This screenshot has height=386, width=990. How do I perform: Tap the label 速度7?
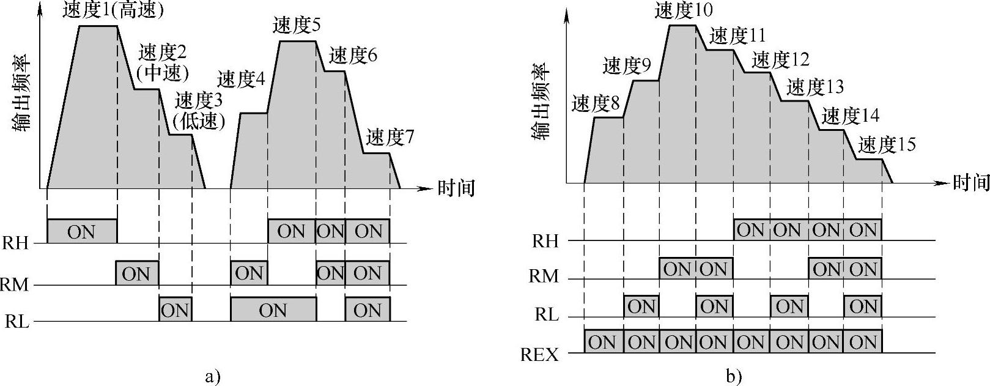(390, 138)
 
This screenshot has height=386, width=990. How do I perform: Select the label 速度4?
(241, 79)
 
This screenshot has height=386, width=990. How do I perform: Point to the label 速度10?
(684, 10)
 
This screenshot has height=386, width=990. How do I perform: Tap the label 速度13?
(815, 87)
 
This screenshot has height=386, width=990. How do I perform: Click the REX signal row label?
(539, 354)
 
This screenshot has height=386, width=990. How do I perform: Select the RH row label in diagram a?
(15, 243)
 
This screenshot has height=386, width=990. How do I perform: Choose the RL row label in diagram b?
(547, 315)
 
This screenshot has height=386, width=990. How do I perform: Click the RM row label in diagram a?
(15, 284)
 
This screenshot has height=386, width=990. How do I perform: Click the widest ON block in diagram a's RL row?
(273, 310)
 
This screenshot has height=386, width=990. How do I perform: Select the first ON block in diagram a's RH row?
(82, 231)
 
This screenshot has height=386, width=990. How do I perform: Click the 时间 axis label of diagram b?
(971, 182)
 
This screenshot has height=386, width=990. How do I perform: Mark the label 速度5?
(297, 26)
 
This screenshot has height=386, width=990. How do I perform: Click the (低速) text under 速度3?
(199, 121)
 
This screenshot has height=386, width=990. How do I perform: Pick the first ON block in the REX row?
(603, 341)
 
